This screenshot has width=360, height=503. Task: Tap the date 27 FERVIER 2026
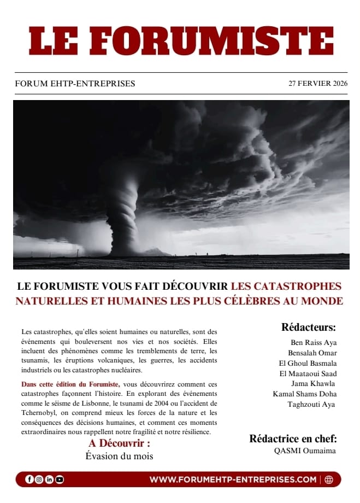pos(318,84)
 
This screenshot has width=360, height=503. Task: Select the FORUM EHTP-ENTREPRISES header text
pos(75,84)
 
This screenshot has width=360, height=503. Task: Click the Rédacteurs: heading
pos(309,327)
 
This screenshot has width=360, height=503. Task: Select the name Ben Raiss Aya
pos(314,343)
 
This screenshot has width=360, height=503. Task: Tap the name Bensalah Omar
pos(312,353)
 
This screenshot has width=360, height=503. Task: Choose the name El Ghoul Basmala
pos(308,364)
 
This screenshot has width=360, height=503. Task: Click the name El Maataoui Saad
pos(308,374)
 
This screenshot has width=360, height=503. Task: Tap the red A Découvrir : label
pos(119,443)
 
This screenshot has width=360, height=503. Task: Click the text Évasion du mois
pos(119,456)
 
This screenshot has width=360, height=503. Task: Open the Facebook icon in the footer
pos(29,479)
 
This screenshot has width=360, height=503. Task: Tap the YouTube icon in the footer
pos(59,479)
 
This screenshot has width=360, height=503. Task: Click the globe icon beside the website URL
pos(328,479)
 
